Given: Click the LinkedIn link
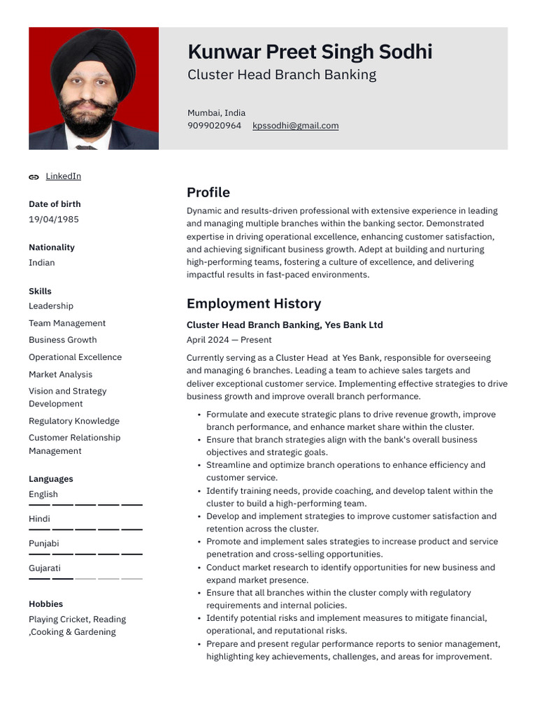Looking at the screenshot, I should [x=63, y=176].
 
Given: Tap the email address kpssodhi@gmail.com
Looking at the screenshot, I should [x=295, y=126].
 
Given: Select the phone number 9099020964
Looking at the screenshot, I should [x=214, y=126].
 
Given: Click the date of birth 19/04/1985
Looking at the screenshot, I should [x=54, y=220].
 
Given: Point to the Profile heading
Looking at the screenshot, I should [x=208, y=192].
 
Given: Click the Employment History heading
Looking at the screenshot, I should [x=254, y=303].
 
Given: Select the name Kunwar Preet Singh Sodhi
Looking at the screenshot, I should [x=310, y=52].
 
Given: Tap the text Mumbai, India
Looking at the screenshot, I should [x=216, y=113].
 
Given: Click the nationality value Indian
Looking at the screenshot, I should [x=41, y=263].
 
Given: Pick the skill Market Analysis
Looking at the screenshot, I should [x=60, y=374].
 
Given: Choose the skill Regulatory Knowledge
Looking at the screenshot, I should [x=74, y=421].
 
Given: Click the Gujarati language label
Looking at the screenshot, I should [x=45, y=568].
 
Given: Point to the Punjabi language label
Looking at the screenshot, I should [x=43, y=543].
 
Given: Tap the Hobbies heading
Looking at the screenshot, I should [x=45, y=604].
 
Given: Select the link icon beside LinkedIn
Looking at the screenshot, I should [x=34, y=177].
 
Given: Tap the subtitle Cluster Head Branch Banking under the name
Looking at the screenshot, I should [x=281, y=75].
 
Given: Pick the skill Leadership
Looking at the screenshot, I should [x=51, y=306].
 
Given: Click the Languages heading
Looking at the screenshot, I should [x=50, y=479].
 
